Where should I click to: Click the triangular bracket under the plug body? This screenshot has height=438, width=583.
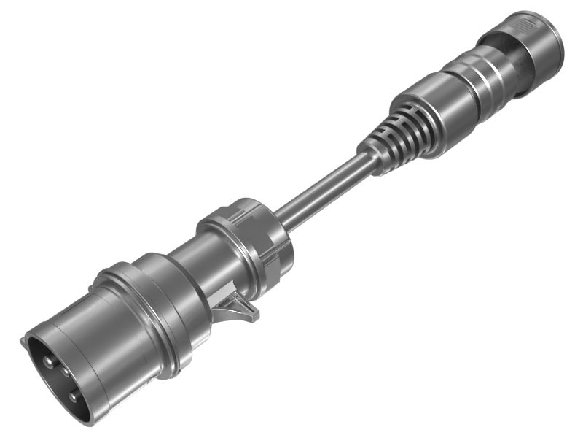(x=240, y=307)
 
